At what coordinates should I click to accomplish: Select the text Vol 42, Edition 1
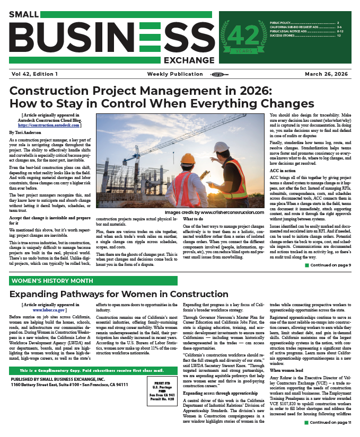click(34, 73)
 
